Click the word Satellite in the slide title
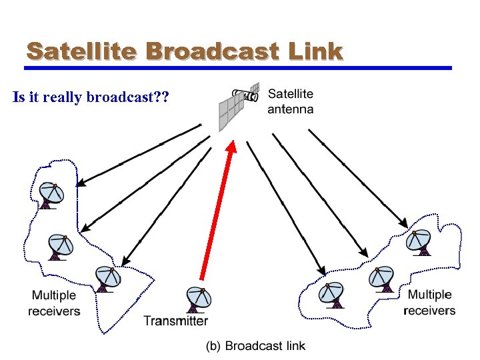(81, 51)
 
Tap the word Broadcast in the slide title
(214, 51)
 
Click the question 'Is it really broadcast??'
(91, 98)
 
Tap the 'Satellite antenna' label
(290, 102)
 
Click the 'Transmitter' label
(176, 321)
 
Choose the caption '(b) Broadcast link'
(255, 345)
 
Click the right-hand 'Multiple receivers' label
(430, 303)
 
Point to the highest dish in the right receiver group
(420, 242)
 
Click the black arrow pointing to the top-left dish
(140, 154)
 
